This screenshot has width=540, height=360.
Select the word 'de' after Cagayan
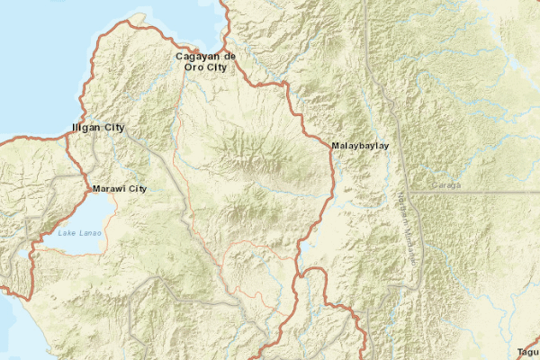click(229, 57)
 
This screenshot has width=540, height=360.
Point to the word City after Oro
click(214, 67)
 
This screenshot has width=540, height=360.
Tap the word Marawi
click(108, 189)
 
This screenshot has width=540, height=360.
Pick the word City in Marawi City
click(137, 189)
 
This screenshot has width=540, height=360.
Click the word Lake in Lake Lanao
click(67, 234)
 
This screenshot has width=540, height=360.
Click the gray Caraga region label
click(446, 184)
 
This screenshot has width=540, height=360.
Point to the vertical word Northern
click(401, 213)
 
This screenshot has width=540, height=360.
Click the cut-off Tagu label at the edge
click(528, 352)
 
